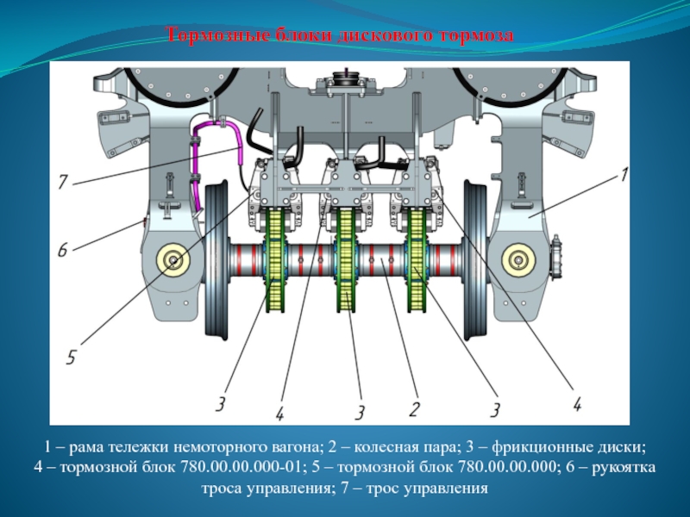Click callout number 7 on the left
(x=63, y=182)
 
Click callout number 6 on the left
(x=62, y=250)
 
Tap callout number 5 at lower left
(x=72, y=357)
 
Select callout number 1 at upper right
(x=624, y=174)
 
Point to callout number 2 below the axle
(x=414, y=409)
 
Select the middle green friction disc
(x=345, y=260)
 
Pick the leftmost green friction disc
(x=274, y=260)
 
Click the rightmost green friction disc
(x=416, y=260)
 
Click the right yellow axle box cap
(x=519, y=261)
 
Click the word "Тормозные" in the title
(x=218, y=34)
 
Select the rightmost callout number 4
(x=577, y=403)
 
